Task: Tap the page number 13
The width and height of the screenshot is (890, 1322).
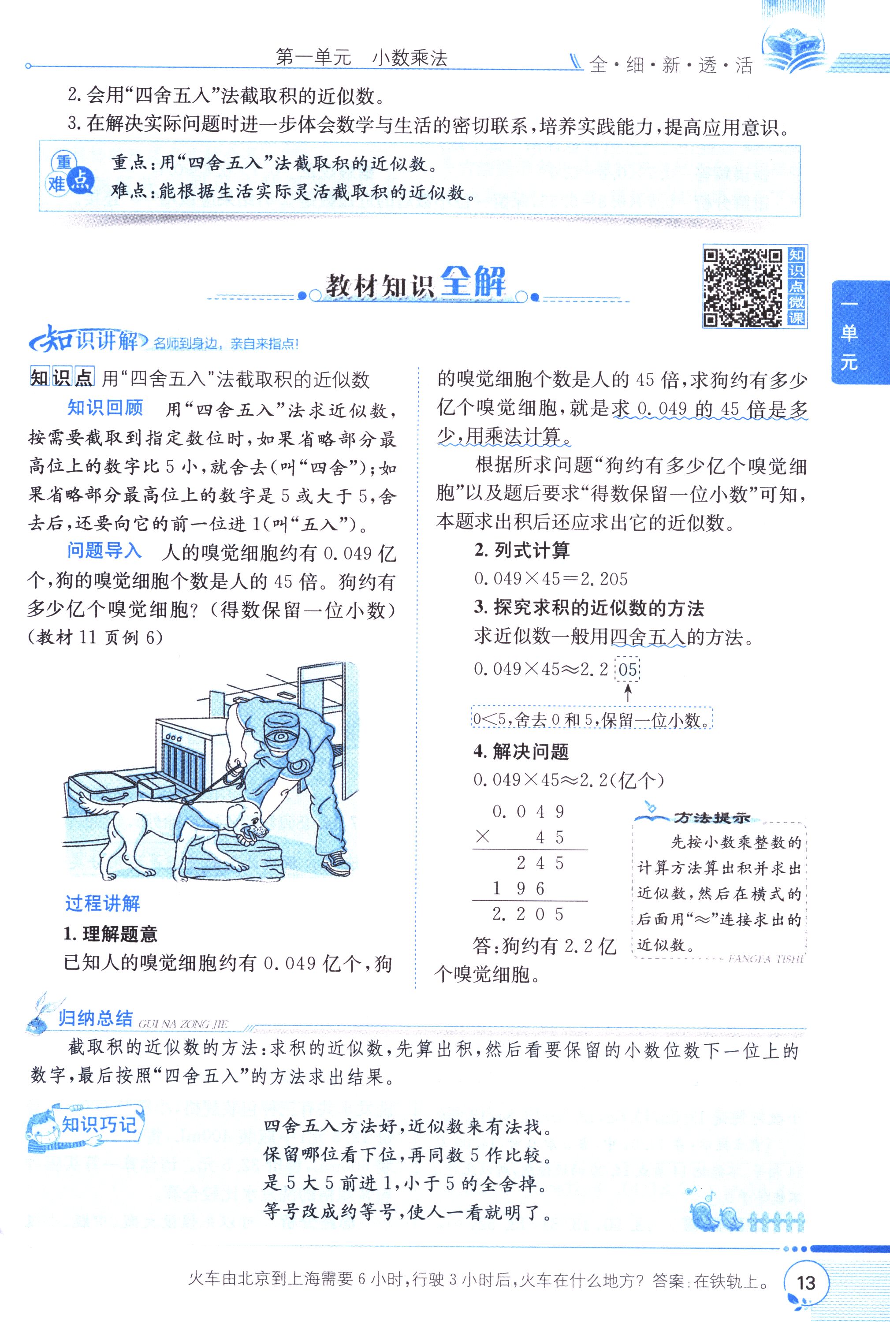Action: click(x=806, y=1283)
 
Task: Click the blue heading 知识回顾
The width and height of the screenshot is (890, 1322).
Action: click(x=105, y=408)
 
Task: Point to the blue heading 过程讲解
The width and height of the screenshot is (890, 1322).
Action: click(x=102, y=903)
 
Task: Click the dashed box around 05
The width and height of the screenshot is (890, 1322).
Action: click(x=627, y=669)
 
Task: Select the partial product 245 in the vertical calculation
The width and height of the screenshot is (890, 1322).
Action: click(x=540, y=864)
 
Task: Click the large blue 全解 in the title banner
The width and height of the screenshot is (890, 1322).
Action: click(x=473, y=282)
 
